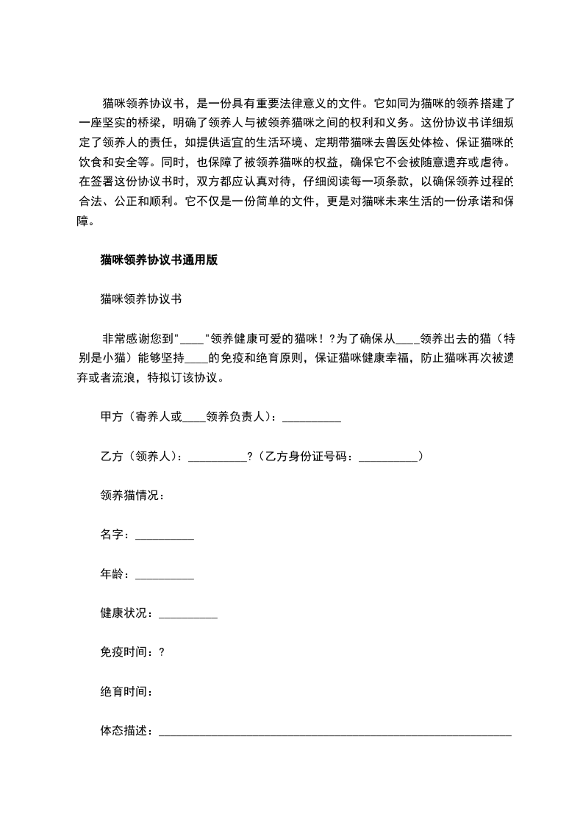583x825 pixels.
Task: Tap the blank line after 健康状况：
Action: (188, 615)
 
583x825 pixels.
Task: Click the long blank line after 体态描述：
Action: (335, 732)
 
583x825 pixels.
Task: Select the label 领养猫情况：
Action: (133, 496)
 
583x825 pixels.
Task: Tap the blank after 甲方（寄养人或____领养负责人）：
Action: (312, 418)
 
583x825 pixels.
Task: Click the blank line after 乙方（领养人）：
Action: (218, 457)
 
